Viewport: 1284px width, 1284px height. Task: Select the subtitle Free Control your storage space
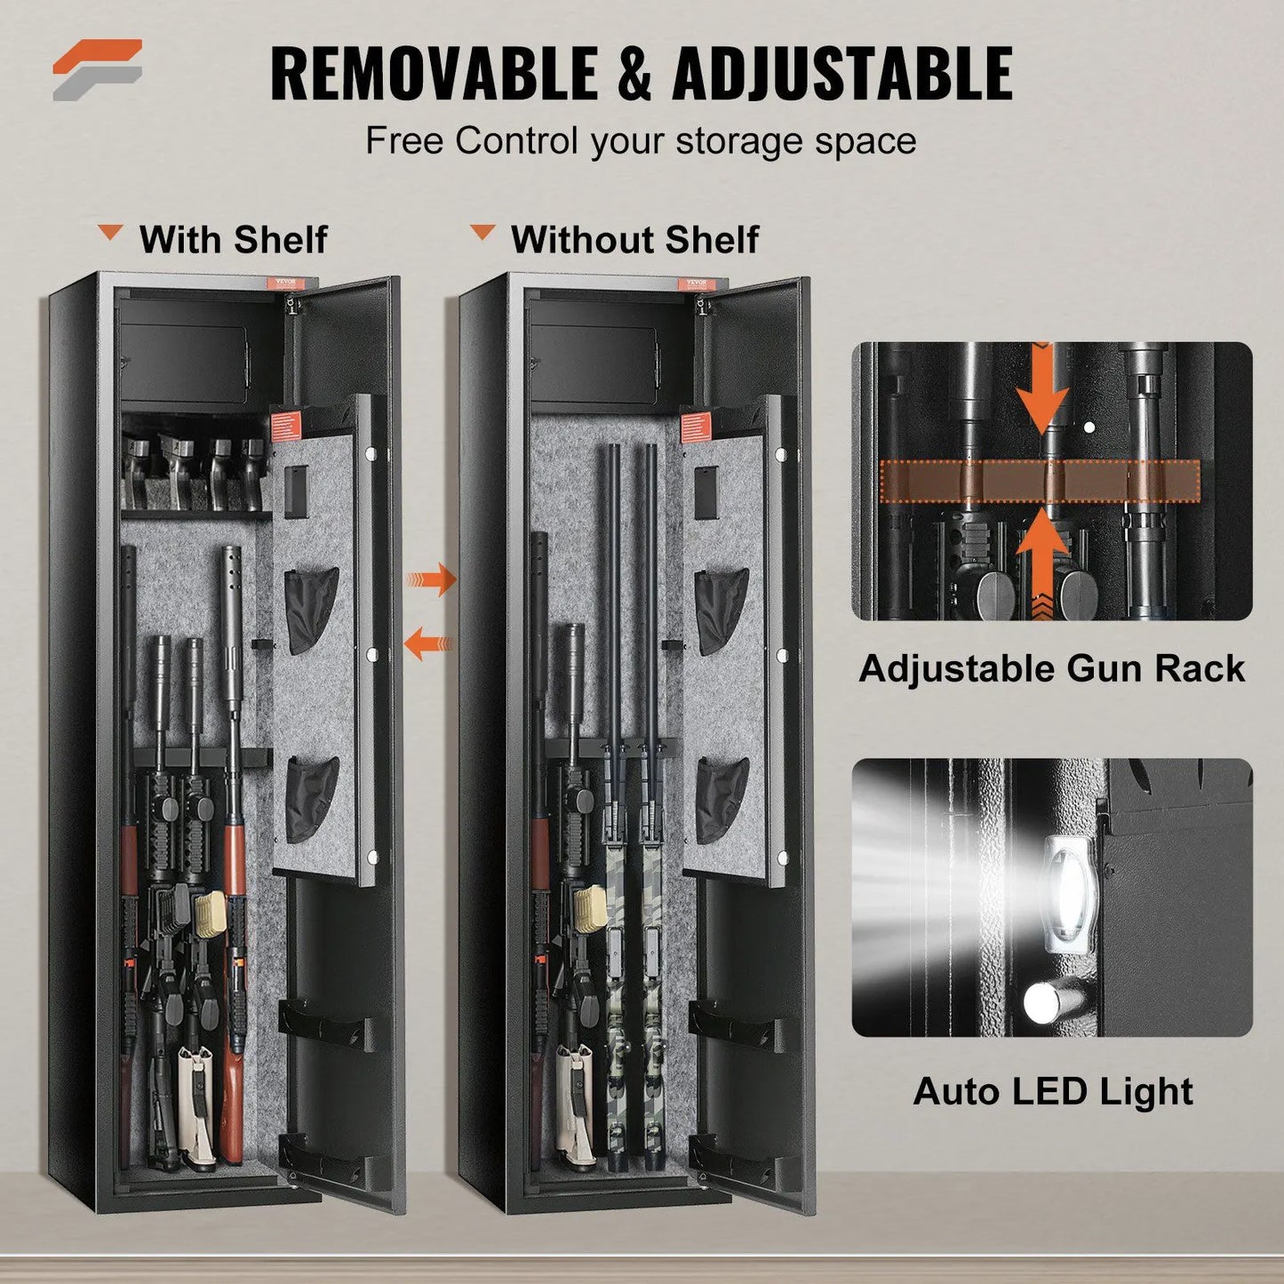(641, 141)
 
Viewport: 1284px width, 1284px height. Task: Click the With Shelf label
(233, 240)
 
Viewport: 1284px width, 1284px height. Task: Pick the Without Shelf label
(634, 240)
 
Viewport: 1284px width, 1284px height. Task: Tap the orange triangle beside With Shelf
(111, 234)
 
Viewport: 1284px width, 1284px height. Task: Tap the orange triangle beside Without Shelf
(482, 234)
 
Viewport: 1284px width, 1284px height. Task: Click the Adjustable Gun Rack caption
(1051, 669)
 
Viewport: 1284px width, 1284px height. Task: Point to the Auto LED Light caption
(1052, 1091)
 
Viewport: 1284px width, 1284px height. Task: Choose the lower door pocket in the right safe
(722, 799)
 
